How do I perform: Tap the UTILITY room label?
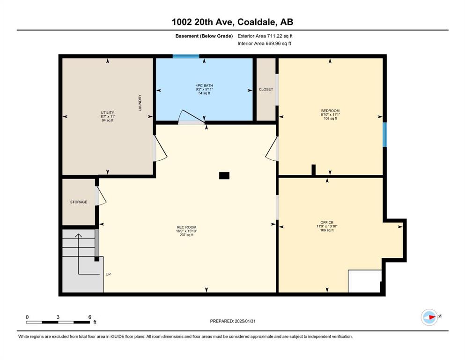pos(107,112)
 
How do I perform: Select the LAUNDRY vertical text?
pos(140,103)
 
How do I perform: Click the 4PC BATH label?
pos(204,85)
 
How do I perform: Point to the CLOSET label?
pos(266,90)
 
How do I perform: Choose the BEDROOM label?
pos(330,111)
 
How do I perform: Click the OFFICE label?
pos(327,222)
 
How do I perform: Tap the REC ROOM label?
pos(186,227)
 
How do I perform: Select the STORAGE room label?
pos(79,202)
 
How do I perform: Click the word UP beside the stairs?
pos(108,274)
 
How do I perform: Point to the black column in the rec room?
pos(224,176)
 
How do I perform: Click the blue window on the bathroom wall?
pos(186,56)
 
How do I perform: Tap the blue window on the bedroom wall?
pos(384,135)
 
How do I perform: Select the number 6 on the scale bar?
pos(89,317)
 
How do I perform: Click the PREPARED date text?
pos(233,321)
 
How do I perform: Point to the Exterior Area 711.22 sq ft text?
pos(265,36)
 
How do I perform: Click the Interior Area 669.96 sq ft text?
pos(264,43)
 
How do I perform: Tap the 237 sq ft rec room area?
pos(186,235)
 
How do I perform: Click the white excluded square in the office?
pos(364,281)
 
